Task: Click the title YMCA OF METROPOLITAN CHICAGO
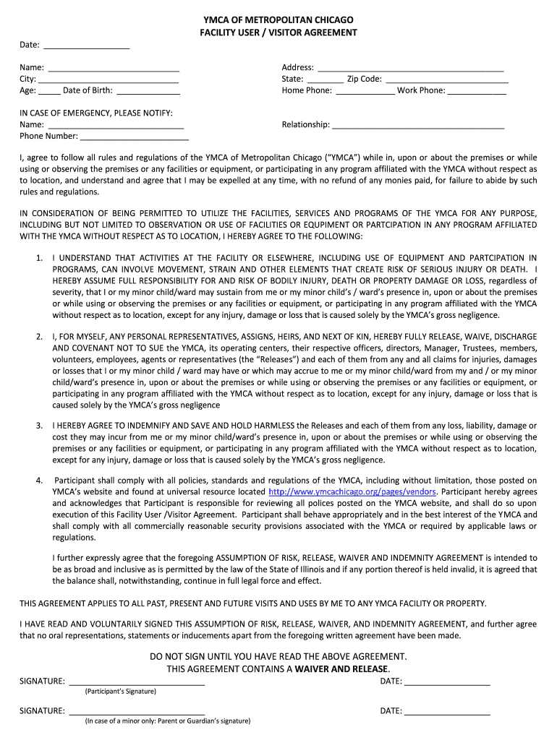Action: click(x=278, y=20)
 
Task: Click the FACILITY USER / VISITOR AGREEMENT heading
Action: click(x=278, y=33)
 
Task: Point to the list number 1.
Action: click(x=39, y=258)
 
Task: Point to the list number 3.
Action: click(x=39, y=426)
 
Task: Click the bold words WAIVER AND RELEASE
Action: click(x=341, y=668)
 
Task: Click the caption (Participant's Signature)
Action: click(x=120, y=692)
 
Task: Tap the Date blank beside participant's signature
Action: click(x=447, y=681)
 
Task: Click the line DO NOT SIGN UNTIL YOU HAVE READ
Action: click(x=278, y=656)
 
